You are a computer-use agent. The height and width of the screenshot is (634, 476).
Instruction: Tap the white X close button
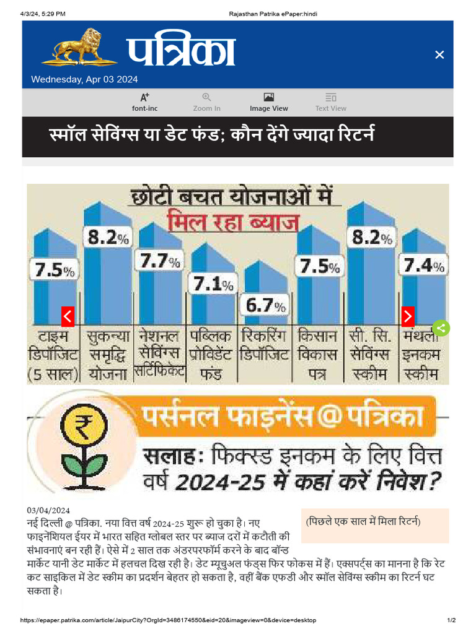pyautogui.click(x=439, y=55)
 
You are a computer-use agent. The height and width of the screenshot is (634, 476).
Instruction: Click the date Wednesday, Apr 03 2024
pyautogui.click(x=84, y=79)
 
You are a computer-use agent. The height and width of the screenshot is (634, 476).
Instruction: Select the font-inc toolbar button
pyautogui.click(x=144, y=102)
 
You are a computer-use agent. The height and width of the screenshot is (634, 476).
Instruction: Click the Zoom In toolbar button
pyautogui.click(x=206, y=102)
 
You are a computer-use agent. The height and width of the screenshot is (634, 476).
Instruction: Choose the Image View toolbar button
pyautogui.click(x=268, y=102)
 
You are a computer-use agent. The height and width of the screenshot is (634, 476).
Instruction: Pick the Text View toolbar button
pyautogui.click(x=330, y=102)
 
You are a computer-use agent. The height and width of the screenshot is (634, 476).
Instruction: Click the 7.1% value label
pyautogui.click(x=213, y=284)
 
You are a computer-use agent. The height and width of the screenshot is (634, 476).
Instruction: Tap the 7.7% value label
pyautogui.click(x=160, y=262)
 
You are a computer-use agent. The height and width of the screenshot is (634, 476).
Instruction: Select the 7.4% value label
pyautogui.click(x=424, y=266)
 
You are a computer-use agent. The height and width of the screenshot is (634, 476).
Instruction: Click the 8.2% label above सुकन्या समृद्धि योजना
pyautogui.click(x=107, y=237)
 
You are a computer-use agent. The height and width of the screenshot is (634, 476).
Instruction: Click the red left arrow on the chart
pyautogui.click(x=68, y=316)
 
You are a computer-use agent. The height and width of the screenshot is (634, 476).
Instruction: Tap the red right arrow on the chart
pyautogui.click(x=408, y=316)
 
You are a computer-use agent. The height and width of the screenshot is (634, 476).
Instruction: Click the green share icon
pyautogui.click(x=441, y=328)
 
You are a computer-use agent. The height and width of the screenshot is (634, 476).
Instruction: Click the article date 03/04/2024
pyautogui.click(x=48, y=510)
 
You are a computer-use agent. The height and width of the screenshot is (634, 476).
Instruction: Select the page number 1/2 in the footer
pyautogui.click(x=451, y=620)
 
